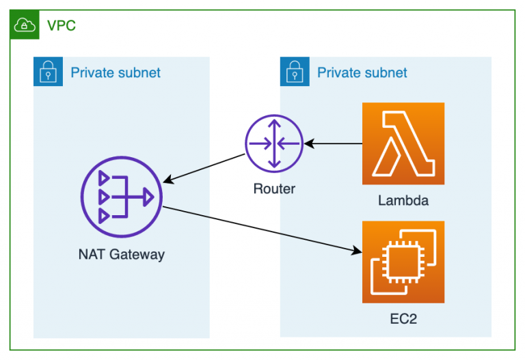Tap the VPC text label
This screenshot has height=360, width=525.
tap(61, 26)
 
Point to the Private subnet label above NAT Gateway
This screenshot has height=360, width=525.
tap(116, 72)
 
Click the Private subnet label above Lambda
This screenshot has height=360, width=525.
tap(362, 72)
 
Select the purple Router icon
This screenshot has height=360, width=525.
tap(273, 143)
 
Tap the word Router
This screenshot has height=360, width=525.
tap(274, 189)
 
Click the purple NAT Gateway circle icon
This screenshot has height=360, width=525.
tap(121, 197)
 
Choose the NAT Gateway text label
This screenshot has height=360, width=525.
tap(121, 255)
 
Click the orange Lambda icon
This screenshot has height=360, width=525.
tap(403, 143)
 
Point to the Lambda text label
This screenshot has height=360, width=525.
tap(403, 201)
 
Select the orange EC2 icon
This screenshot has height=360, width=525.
tap(403, 262)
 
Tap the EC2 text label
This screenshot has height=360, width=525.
tap(403, 318)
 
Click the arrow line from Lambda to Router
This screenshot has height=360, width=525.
tap(334, 143)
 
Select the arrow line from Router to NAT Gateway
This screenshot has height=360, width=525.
tap(205, 169)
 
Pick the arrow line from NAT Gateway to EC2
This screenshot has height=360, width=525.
tap(260, 230)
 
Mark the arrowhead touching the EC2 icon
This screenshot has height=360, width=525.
tap(357, 252)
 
